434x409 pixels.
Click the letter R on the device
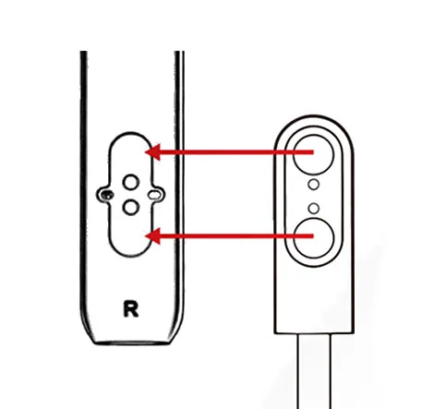131,309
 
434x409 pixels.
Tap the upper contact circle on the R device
131,183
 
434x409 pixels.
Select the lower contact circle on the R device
131,207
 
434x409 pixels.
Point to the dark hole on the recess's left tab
107,195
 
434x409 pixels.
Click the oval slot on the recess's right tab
154,195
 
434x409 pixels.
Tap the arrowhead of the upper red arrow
152,152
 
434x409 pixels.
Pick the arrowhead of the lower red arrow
152,236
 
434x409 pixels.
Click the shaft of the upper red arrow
236,152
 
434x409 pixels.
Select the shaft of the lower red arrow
236,236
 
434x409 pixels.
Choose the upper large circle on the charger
314,154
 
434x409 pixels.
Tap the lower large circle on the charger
314,238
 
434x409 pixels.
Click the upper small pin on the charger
314,185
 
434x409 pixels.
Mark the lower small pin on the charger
314,209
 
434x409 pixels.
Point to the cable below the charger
314,371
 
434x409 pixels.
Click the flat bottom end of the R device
131,343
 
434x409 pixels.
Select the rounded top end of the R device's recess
131,133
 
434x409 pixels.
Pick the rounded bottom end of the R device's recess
131,255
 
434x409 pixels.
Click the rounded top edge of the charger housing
314,115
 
